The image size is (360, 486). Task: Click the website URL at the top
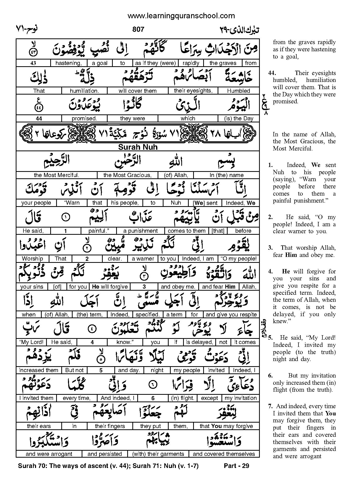181,16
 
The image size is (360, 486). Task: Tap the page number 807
138,29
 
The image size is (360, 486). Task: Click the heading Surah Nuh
138,147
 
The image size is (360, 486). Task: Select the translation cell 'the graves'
223,63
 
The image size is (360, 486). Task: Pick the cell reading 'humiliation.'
84,91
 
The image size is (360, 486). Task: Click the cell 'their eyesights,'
193,91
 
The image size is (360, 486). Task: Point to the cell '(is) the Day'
239,119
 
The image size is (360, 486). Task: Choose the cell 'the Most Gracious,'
127,175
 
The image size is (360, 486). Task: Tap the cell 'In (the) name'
227,175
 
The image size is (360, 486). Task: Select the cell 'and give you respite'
231,314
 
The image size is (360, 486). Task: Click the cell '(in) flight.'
183,398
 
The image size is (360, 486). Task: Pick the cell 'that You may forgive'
226,426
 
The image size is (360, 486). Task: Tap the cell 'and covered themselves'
224,454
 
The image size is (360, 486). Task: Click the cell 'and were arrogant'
49,454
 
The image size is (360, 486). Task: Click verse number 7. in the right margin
270,406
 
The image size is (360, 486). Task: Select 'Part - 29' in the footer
236,466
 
